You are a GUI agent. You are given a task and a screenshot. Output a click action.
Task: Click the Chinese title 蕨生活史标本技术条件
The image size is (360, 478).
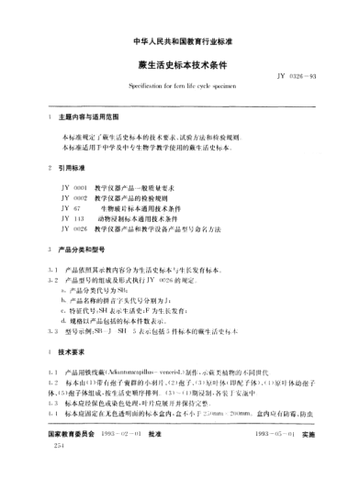[180, 65]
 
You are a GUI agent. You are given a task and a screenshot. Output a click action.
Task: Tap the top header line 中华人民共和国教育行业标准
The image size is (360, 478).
[180, 41]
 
